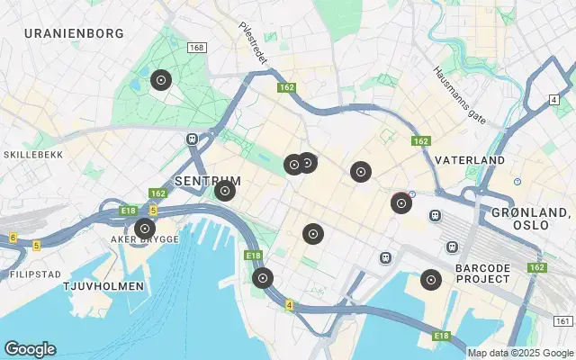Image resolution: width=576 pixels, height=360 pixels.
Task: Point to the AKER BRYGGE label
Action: point(144,239)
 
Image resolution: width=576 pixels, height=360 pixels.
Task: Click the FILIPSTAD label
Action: point(35,273)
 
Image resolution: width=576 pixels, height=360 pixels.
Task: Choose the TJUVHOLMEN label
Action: point(103,286)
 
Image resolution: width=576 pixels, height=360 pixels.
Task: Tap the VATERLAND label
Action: point(470,159)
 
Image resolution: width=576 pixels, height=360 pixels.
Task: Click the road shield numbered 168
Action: point(197,47)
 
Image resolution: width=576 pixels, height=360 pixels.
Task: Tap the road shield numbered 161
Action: point(563,321)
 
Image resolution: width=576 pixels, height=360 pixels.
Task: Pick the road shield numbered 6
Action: point(13,238)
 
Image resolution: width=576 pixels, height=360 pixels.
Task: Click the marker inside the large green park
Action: point(160,80)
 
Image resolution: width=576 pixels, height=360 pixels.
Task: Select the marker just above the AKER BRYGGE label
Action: point(144,229)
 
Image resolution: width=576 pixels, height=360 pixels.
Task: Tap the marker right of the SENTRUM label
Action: point(225,190)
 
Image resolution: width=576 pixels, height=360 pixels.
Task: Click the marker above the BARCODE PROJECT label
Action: point(431,280)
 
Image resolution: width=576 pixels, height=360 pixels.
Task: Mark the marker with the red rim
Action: point(401,203)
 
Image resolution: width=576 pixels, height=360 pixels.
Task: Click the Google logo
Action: point(30,349)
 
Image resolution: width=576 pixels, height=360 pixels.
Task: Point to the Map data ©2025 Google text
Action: point(519,353)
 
